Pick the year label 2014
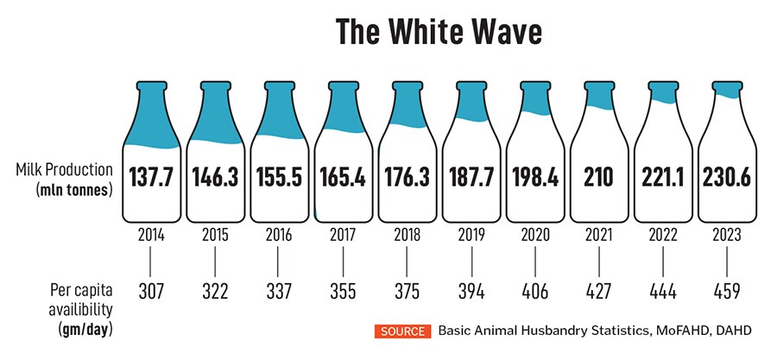(x=152, y=234)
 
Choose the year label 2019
(x=471, y=234)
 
